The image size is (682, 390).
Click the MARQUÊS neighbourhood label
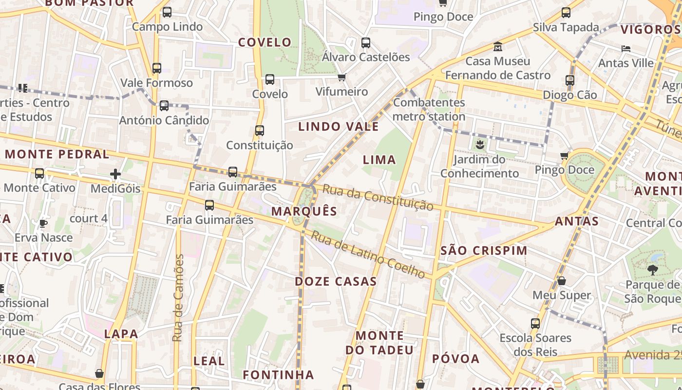tap(304, 211)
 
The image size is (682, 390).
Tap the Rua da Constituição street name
tap(378, 197)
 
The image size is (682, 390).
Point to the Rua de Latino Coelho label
tap(368, 254)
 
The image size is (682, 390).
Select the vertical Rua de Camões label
tap(179, 297)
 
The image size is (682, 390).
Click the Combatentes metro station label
tap(429, 110)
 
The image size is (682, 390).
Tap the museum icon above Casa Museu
tap(498, 47)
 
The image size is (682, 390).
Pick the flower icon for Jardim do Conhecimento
tap(480, 144)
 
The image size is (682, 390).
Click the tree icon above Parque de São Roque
tap(652, 270)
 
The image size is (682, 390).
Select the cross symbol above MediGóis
tap(115, 174)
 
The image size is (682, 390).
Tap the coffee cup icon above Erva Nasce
tap(43, 223)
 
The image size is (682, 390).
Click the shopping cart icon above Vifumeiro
tap(342, 77)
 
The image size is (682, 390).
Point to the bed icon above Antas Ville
tap(626, 49)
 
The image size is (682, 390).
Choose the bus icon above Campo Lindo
tap(167, 12)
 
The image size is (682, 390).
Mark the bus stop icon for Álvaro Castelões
tap(366, 43)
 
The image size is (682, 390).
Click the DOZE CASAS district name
tap(336, 281)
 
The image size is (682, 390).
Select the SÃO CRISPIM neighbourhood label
tap(484, 251)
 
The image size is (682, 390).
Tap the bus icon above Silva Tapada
tap(566, 13)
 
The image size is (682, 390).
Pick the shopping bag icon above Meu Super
tap(562, 281)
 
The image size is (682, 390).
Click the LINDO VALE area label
tap(339, 127)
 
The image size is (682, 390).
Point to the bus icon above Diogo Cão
tap(570, 80)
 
